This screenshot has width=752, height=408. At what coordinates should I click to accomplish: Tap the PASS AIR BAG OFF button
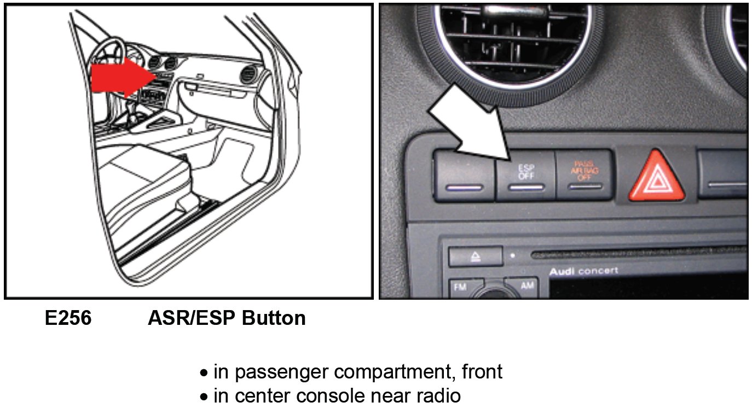click(585, 175)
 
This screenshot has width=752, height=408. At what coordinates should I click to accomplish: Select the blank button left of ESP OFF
click(465, 176)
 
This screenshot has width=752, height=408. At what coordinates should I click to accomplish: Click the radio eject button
click(476, 257)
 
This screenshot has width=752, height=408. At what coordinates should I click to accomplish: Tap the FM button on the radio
click(462, 288)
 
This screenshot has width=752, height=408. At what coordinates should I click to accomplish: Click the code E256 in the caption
click(68, 318)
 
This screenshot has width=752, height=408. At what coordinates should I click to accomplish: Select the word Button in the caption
click(274, 318)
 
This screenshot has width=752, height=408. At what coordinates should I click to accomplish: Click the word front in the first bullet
click(482, 371)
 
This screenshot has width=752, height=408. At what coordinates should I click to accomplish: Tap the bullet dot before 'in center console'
click(204, 397)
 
